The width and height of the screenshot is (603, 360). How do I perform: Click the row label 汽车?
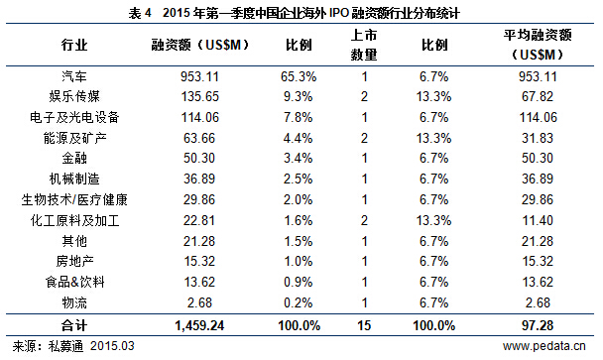(73, 75)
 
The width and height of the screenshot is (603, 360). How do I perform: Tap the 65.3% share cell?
(300, 75)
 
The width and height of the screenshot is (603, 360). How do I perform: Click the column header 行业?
(73, 45)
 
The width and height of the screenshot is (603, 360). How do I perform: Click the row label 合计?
(73, 325)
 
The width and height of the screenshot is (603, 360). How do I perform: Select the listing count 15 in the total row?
(364, 325)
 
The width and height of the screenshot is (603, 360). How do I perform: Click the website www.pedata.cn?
(544, 346)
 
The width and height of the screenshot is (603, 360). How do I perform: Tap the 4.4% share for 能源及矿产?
(300, 138)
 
